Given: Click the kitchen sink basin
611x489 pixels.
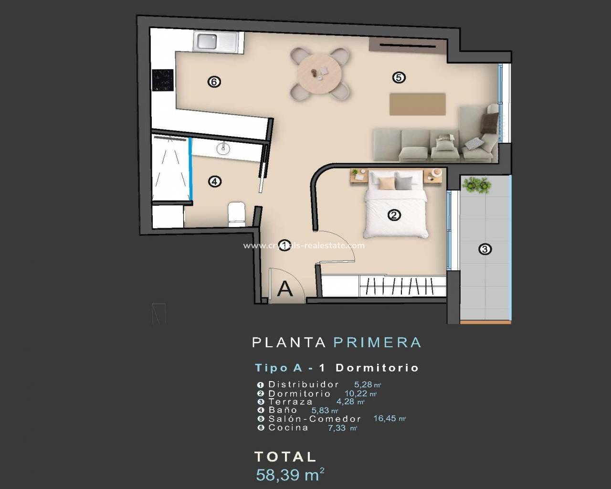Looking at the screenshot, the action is [x=207, y=41].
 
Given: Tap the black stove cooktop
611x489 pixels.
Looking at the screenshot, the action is [x=163, y=80].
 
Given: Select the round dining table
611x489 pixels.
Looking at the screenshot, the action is [x=319, y=74].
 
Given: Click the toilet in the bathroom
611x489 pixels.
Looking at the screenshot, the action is [x=237, y=214].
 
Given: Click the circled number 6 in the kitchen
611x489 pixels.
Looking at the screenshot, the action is [x=214, y=82].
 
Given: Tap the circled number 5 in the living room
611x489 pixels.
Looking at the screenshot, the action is [x=399, y=77].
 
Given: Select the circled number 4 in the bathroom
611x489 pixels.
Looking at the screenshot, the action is [x=215, y=181].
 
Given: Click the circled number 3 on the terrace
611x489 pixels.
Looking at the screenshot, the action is [x=485, y=249].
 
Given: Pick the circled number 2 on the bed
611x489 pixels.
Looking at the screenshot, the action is [x=394, y=215].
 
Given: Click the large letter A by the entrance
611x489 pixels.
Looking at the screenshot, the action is [x=285, y=289].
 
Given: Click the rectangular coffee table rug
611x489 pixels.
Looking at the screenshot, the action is [x=417, y=104].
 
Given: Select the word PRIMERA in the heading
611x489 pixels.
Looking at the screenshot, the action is [x=377, y=342].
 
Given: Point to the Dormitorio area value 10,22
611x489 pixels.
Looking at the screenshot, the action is [x=356, y=393].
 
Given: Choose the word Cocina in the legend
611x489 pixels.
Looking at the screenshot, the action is [x=288, y=427].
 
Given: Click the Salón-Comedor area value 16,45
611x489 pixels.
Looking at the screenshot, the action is [x=385, y=418].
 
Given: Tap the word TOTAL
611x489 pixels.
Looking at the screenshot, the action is [x=285, y=457].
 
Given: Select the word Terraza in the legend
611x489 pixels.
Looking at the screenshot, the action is [x=290, y=402].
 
